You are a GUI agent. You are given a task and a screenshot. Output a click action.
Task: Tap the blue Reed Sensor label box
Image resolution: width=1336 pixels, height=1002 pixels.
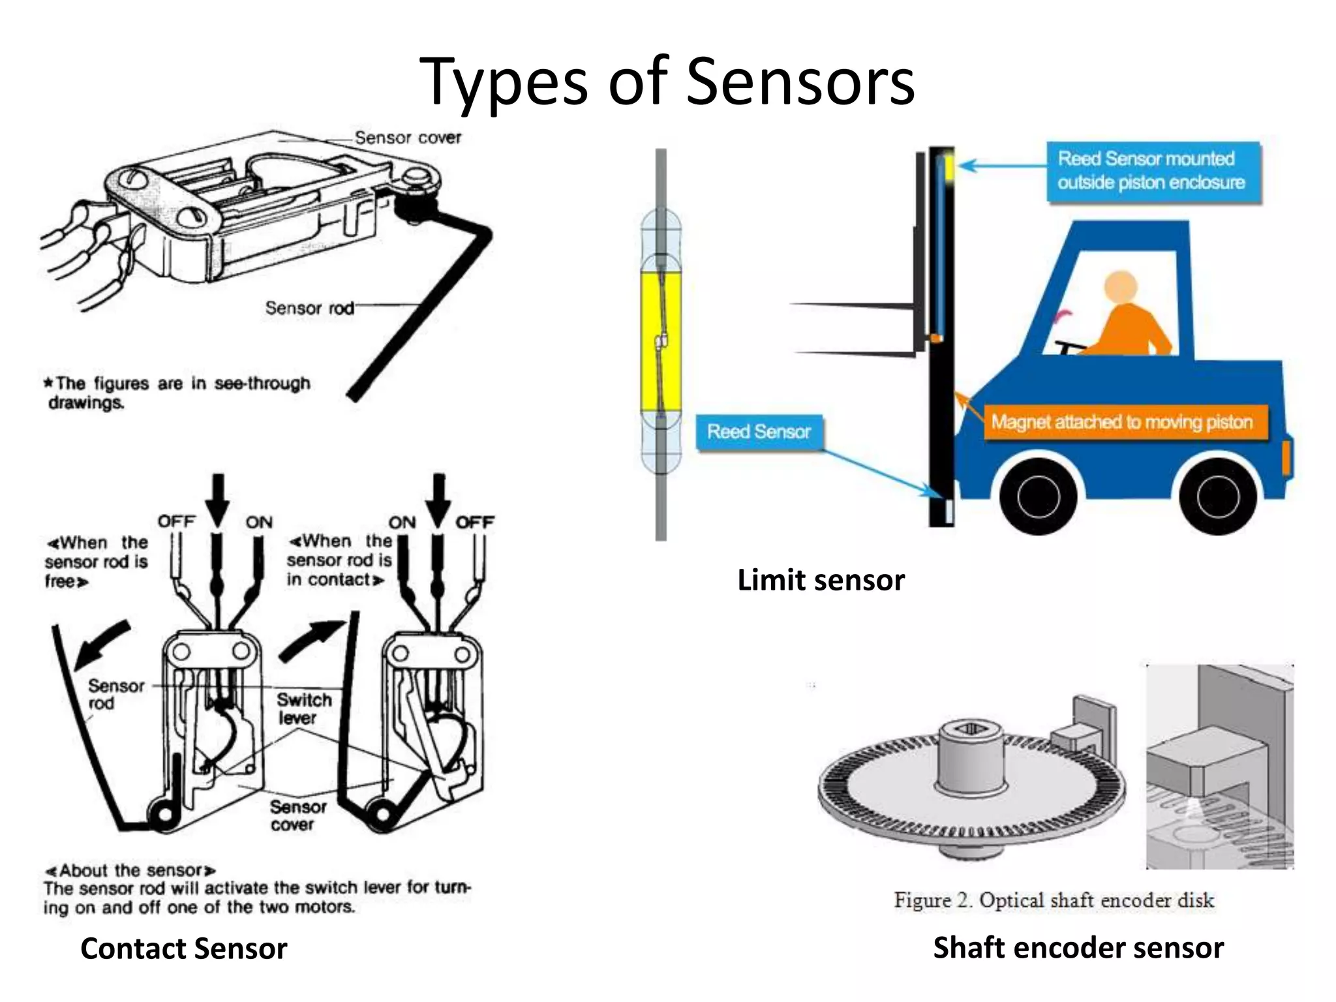click(x=759, y=432)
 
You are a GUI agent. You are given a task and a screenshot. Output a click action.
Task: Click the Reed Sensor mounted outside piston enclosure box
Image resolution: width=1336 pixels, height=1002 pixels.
click(x=1152, y=171)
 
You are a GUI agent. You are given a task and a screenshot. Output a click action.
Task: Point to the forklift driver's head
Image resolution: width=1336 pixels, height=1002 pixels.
click(x=1121, y=286)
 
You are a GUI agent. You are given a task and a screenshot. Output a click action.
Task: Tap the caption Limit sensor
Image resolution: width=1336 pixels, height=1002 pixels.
click(x=821, y=580)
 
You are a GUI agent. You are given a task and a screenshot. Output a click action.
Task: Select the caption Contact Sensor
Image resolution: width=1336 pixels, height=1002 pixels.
click(x=183, y=949)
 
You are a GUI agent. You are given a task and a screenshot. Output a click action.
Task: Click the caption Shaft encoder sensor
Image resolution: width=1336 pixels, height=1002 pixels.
click(x=1078, y=947)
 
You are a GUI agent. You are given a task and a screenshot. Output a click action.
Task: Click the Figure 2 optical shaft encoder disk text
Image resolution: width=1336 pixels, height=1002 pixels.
click(x=1054, y=900)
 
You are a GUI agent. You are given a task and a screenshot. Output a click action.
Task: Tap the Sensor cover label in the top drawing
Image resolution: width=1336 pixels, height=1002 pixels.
click(x=408, y=138)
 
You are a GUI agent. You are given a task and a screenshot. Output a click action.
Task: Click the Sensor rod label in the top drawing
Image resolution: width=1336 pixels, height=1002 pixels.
click(x=309, y=308)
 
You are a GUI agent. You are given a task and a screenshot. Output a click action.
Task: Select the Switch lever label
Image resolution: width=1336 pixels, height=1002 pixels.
click(x=303, y=708)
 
